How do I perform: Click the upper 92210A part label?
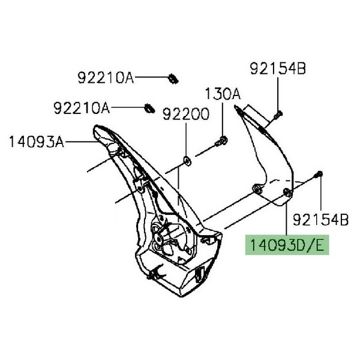(x=106, y=78)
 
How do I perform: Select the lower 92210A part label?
(x=82, y=108)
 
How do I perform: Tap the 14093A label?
(x=36, y=142)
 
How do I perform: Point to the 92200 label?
(x=186, y=114)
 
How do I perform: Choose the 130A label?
(x=223, y=94)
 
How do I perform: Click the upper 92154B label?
(x=278, y=68)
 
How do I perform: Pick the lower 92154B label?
(x=321, y=220)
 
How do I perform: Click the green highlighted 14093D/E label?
(x=287, y=245)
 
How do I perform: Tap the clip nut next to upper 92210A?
(x=173, y=79)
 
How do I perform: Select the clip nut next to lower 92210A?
(x=149, y=109)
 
